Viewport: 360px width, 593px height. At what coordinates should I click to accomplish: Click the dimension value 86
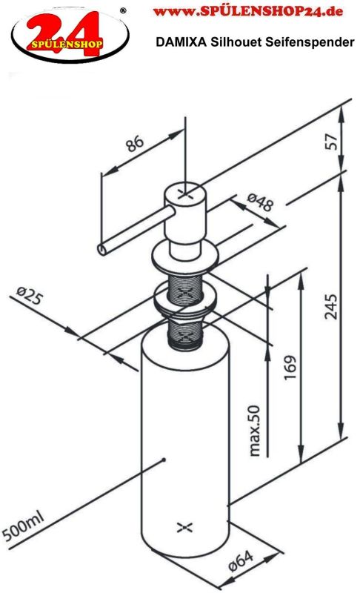point(135,143)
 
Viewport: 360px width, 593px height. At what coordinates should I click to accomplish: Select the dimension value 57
point(332,142)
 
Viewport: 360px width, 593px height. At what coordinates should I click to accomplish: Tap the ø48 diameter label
point(259,202)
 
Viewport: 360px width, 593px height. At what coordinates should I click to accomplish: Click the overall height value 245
point(331,306)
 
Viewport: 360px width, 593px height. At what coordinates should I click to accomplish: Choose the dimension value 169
point(290,368)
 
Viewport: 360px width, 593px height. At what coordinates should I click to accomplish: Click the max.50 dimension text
point(255,431)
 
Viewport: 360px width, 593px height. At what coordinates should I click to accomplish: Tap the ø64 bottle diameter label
point(241,561)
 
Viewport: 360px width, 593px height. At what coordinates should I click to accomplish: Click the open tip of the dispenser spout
point(102,249)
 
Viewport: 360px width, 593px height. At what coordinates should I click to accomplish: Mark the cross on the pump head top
point(184,193)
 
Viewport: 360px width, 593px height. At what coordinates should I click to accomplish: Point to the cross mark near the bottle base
point(184,527)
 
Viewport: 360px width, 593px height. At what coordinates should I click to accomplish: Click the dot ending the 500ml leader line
point(164,460)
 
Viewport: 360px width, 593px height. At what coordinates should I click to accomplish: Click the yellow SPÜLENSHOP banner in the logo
point(67,44)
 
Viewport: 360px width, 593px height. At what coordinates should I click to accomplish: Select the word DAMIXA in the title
point(181,42)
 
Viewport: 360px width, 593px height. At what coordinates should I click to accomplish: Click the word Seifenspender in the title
point(310,42)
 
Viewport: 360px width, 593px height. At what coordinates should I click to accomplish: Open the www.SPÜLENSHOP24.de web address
point(248,11)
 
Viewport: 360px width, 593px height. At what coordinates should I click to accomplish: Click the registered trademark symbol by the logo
point(123,11)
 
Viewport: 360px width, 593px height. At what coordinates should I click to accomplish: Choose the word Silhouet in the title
point(236,42)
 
